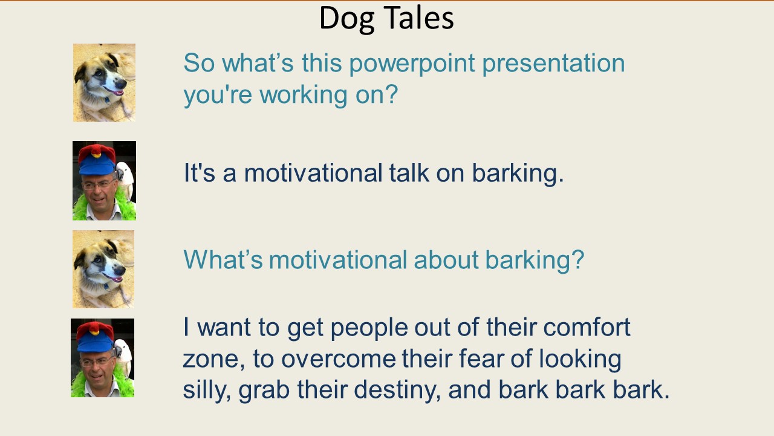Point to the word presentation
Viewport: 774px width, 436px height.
553,64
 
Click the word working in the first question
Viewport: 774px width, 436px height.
304,95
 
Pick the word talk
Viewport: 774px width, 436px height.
409,173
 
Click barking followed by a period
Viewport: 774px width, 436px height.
518,174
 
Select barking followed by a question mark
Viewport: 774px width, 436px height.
535,260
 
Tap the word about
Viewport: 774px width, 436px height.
446,260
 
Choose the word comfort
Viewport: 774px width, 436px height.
587,326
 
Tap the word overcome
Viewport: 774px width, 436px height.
338,360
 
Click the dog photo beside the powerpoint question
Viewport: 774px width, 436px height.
104,83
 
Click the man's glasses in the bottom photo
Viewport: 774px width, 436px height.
96,362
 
